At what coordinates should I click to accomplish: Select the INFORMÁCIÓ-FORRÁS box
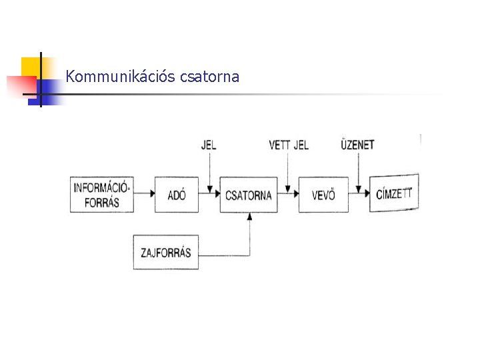click(x=102, y=194)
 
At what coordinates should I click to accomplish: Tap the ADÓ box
click(x=177, y=195)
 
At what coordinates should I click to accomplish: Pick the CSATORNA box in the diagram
click(x=249, y=195)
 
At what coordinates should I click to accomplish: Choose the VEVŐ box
click(x=323, y=195)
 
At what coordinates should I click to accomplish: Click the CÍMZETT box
click(x=395, y=193)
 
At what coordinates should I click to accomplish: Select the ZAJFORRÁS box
click(x=166, y=252)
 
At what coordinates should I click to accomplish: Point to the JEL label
click(x=209, y=145)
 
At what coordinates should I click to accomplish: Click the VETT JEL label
click(x=289, y=145)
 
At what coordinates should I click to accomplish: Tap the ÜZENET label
click(x=358, y=144)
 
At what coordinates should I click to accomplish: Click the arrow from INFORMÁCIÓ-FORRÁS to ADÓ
click(x=144, y=194)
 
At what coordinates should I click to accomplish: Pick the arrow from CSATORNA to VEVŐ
click(x=287, y=194)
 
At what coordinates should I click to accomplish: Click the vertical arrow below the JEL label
click(x=209, y=170)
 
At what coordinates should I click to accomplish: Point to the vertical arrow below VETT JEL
click(x=287, y=170)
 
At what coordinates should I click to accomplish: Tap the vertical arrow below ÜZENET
click(x=359, y=170)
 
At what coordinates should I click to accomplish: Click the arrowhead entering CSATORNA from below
click(x=249, y=217)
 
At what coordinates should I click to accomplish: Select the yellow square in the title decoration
click(x=30, y=67)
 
